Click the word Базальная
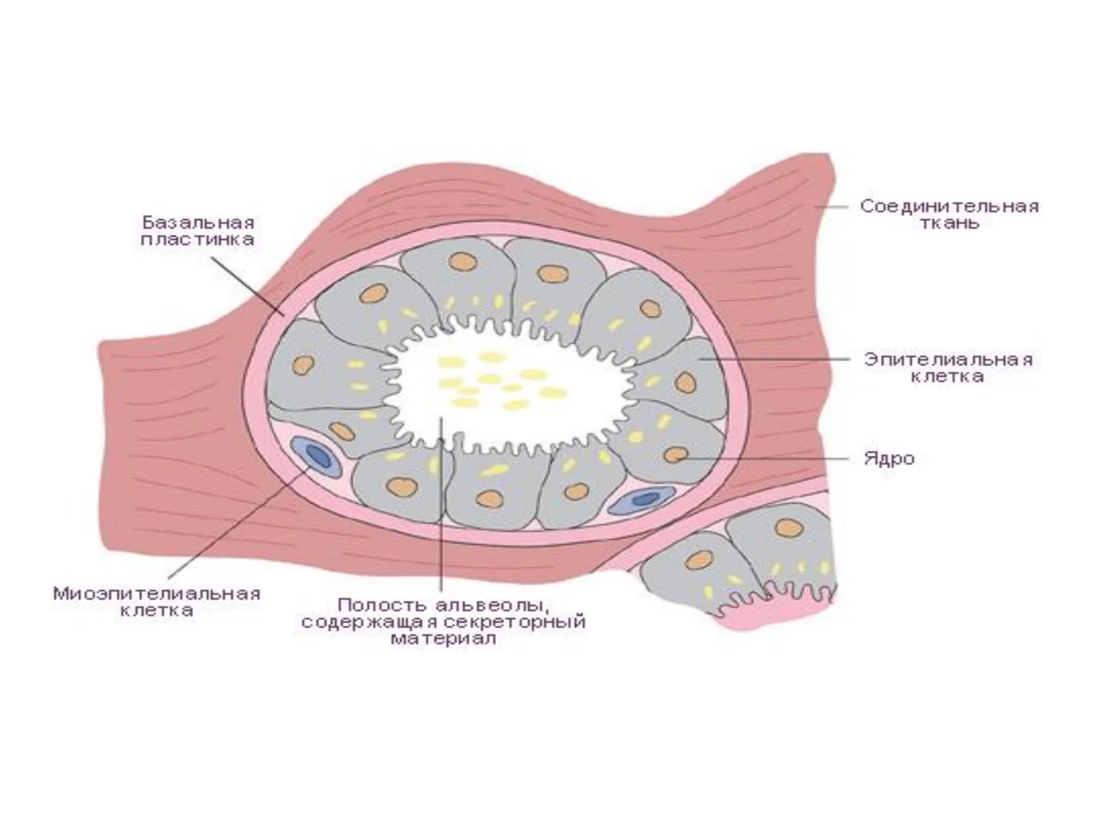click(x=198, y=222)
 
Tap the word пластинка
click(x=197, y=240)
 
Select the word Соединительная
click(x=949, y=206)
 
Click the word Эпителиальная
click(x=948, y=360)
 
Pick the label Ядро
click(x=889, y=458)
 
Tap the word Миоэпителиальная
click(x=158, y=594)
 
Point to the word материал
click(x=443, y=639)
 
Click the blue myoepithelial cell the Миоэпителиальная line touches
click(x=316, y=456)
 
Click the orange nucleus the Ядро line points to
click(x=676, y=455)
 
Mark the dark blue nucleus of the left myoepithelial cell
click(x=315, y=455)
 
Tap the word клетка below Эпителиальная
click(x=948, y=376)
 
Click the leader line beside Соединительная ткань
click(x=832, y=206)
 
